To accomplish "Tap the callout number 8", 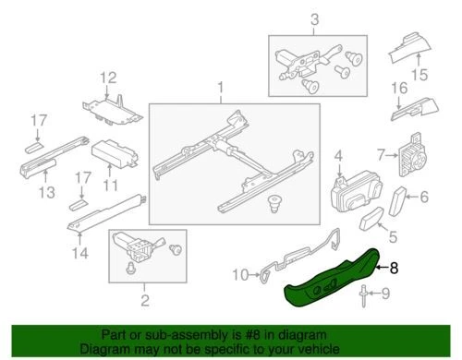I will [x=395, y=269].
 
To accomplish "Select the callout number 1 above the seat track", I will [x=221, y=90].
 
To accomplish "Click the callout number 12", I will [x=108, y=77].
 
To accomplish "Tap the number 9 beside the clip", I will [x=386, y=296].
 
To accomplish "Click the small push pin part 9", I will [x=368, y=295].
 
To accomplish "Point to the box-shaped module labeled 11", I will [x=114, y=154].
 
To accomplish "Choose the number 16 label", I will [x=398, y=89].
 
